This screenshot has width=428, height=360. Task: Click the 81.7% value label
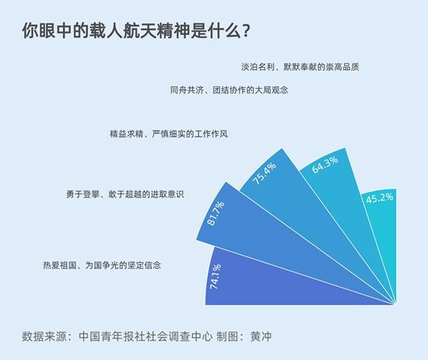[x=216, y=214]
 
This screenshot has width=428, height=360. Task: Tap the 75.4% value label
[x=265, y=173]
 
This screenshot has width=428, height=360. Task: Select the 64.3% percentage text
[x=325, y=165]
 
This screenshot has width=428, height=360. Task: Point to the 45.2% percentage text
[x=380, y=198]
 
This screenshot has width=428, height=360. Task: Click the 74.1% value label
[x=216, y=276]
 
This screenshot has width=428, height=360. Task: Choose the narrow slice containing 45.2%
[x=382, y=232]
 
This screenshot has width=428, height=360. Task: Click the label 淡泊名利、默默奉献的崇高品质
[x=300, y=67]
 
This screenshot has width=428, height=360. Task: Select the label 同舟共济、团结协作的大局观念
[x=229, y=90]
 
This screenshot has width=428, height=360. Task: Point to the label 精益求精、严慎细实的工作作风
[x=169, y=134]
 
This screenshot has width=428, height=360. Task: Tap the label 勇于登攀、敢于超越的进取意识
[x=125, y=194]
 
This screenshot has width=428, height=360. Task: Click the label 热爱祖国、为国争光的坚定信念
[x=102, y=265]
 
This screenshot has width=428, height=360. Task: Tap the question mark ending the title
[x=245, y=31]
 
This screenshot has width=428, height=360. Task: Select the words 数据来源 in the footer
[x=44, y=337]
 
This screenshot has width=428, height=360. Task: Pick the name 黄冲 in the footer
[x=261, y=337]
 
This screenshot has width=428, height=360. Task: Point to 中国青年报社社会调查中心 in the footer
[x=146, y=337]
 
